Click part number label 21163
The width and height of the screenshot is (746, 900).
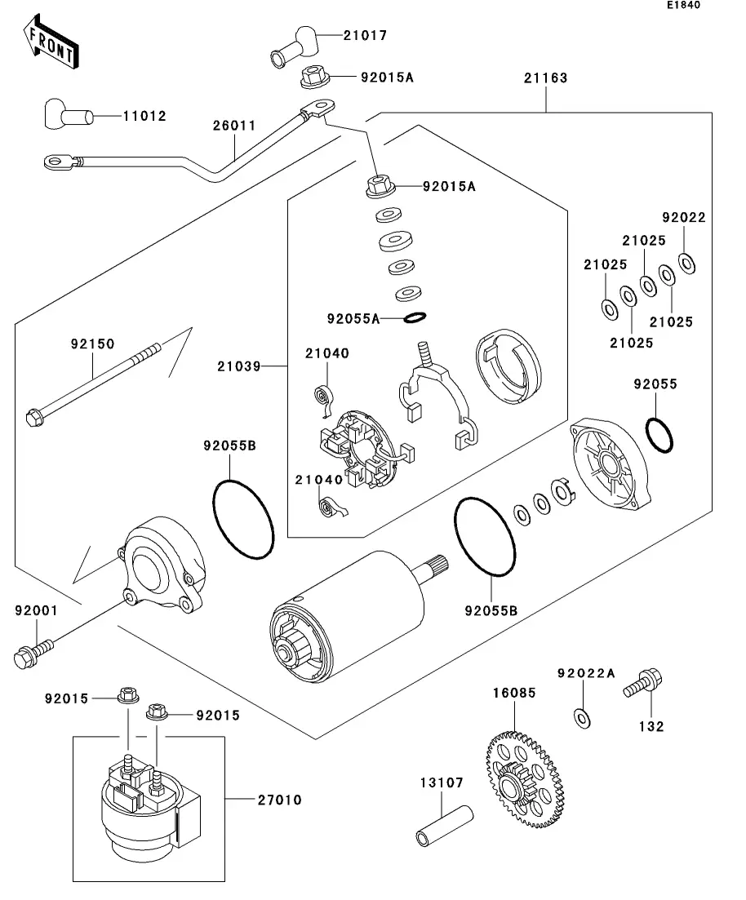click(546, 78)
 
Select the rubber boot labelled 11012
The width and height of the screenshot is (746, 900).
click(66, 117)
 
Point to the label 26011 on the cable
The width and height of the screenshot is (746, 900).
click(234, 126)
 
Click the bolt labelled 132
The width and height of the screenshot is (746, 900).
click(645, 684)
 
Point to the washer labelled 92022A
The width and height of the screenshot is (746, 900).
click(583, 717)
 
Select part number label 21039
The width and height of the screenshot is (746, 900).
click(238, 366)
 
